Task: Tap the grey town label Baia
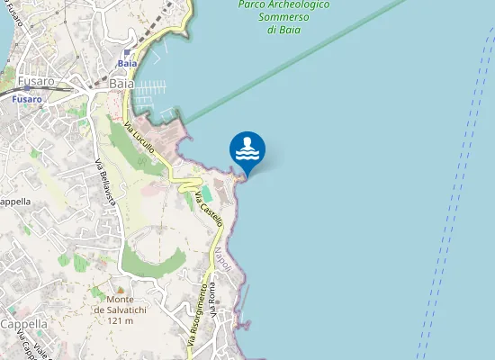(121, 83)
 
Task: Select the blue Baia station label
(126, 64)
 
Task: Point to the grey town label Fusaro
(36, 81)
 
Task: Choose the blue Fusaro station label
(27, 99)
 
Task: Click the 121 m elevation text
(121, 321)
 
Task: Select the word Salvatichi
(120, 310)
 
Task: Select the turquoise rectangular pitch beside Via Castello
(206, 193)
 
